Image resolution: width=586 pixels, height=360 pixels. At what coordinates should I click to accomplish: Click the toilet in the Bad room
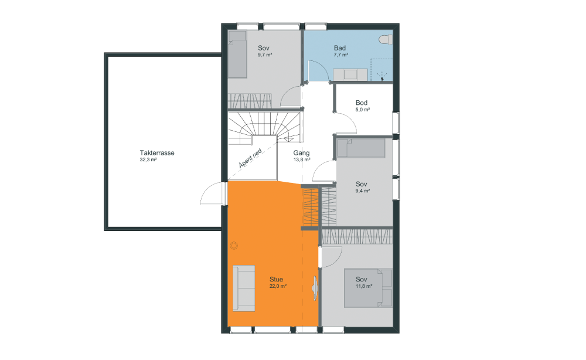pos(386,39)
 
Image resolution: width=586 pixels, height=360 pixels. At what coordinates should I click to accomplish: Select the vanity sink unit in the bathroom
pos(350,74)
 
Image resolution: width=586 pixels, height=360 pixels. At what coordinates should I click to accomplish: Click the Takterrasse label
pos(157,153)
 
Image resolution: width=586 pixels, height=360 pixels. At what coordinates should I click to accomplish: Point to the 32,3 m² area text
pos(148,159)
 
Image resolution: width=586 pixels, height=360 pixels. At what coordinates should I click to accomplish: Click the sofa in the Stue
pos(244,288)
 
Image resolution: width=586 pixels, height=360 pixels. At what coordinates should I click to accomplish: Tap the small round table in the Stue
pos(234,246)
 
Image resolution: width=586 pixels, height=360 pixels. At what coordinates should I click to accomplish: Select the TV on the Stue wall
pos(315,288)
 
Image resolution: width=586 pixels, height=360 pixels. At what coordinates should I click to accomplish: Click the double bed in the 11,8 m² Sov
pos(368,288)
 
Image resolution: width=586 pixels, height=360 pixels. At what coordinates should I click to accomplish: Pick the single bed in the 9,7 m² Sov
pos(238,54)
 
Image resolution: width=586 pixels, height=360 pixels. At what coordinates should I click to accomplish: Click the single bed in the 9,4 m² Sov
pos(361,148)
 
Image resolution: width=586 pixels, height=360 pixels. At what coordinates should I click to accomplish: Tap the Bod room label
pos(362,103)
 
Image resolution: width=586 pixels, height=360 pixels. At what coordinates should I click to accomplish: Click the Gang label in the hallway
pos(301,153)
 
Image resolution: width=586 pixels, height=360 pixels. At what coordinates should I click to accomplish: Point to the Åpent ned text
pos(250,158)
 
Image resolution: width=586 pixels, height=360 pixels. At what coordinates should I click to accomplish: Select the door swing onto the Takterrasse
pos(213,193)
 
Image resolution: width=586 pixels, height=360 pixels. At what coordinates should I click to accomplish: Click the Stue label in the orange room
pos(276,279)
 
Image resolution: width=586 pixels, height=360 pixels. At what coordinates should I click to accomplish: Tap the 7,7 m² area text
pos(341,55)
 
